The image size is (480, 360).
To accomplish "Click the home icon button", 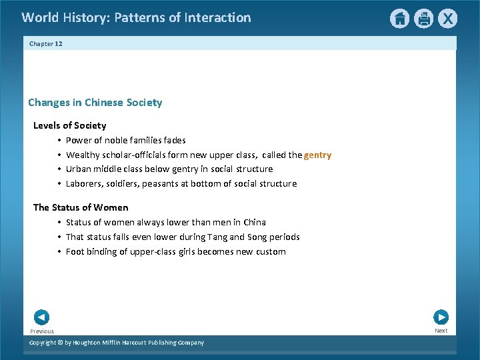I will point(399,19).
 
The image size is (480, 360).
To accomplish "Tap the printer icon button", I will point(423,19).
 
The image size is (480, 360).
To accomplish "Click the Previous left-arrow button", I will point(41,317).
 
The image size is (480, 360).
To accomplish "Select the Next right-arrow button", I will point(441,317).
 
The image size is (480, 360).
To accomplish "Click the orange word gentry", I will point(317,155).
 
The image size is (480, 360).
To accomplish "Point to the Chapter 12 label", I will point(45,43).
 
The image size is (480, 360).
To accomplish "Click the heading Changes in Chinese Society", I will point(95,103).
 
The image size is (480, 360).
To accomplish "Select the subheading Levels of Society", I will point(69,125).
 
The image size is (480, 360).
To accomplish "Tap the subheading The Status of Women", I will point(81,207).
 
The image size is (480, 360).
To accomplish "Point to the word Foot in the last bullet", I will point(75,251).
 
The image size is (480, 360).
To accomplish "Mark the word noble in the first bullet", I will point(119,140).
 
